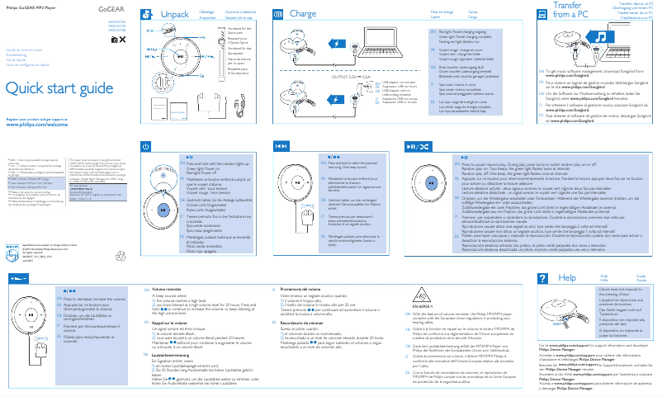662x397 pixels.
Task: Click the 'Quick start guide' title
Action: pos(54,88)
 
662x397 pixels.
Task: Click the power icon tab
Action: pos(146,145)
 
